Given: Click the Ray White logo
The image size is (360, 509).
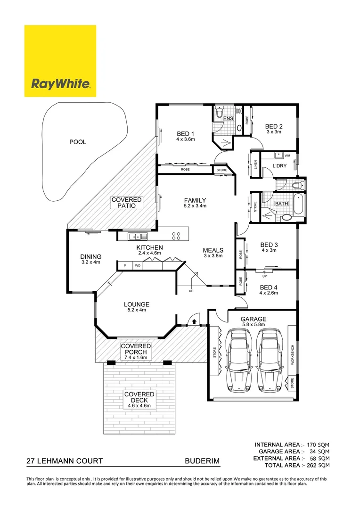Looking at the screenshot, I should pos(60,61).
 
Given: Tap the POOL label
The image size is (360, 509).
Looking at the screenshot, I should pos(78,141).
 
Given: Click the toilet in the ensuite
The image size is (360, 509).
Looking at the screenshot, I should pos(218,114).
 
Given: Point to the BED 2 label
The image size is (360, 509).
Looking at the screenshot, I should pos(274,126).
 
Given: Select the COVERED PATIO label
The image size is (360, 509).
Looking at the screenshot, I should pos(126,203).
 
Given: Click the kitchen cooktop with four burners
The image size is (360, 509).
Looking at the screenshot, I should pos(177,235).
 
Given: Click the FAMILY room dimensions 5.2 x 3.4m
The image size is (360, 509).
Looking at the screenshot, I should pos(195,206).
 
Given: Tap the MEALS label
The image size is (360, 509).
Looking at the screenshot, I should pos(213,250).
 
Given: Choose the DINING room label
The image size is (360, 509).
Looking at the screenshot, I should pos(91,257).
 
